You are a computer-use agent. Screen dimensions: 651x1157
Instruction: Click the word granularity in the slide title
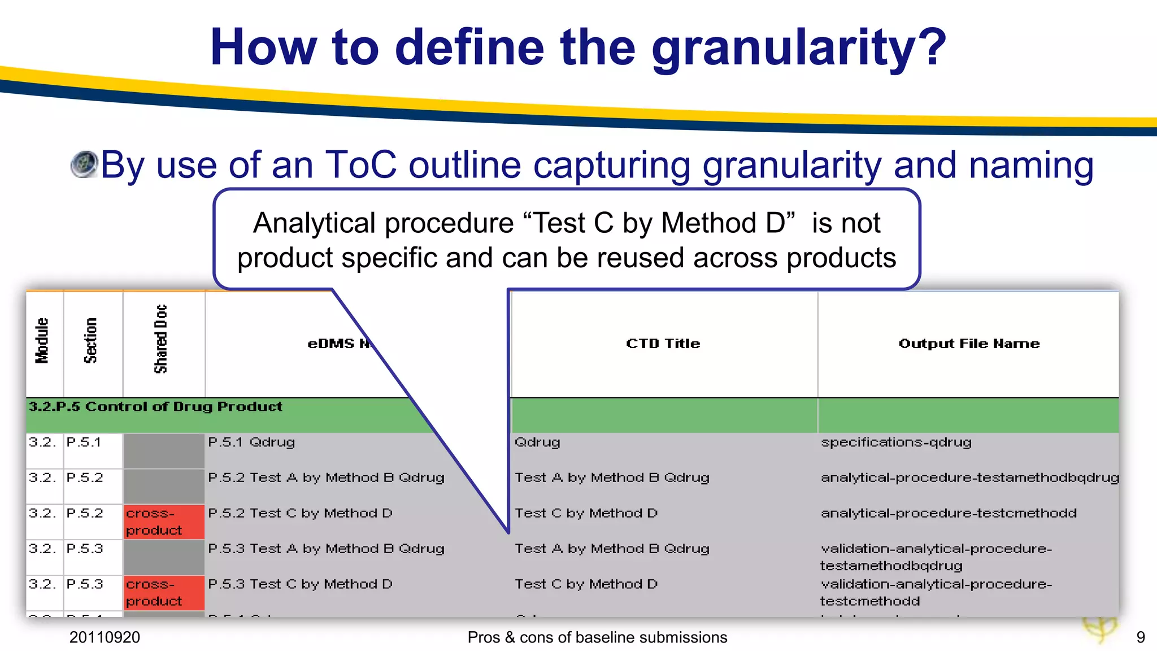click(798, 48)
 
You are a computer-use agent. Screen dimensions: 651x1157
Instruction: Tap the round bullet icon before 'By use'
click(85, 164)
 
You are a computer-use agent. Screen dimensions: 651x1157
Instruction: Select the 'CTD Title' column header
click(663, 344)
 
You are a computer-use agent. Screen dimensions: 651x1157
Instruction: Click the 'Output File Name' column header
click(969, 344)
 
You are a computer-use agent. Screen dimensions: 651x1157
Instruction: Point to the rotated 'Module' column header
click(43, 340)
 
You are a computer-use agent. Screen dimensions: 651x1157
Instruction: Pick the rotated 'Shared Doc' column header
click(161, 339)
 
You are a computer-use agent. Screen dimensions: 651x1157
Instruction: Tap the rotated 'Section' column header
click(91, 340)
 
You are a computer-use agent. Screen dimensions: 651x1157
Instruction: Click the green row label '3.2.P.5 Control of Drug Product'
click(155, 407)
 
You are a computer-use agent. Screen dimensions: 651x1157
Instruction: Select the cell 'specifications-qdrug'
click(896, 442)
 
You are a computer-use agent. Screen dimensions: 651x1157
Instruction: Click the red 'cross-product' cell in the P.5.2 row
click(154, 522)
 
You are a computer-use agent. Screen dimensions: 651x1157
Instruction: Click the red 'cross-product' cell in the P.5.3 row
click(154, 593)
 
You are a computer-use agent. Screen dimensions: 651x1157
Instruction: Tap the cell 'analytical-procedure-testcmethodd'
click(949, 513)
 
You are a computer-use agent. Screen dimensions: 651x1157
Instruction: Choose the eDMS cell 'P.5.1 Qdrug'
click(251, 442)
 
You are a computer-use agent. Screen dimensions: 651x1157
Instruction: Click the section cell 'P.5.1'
click(84, 442)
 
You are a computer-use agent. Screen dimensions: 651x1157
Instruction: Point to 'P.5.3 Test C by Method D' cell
click(300, 584)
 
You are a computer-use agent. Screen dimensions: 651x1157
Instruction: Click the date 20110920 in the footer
click(105, 637)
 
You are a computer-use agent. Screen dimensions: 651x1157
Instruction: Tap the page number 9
click(1140, 637)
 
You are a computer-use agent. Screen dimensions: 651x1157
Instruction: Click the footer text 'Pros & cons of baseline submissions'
click(597, 637)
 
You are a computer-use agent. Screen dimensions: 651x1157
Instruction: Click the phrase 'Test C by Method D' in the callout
click(659, 223)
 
